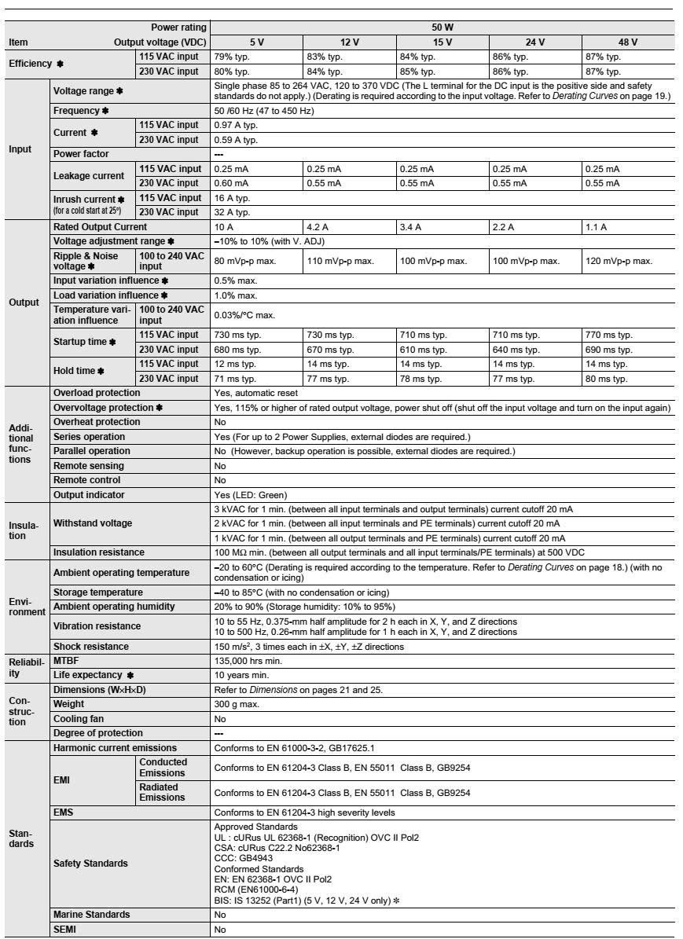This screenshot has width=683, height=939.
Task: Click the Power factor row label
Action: point(81,154)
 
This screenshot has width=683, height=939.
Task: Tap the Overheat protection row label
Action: point(97,422)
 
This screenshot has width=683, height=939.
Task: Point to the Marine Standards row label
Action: point(92,915)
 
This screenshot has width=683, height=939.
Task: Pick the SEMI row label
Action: point(65,930)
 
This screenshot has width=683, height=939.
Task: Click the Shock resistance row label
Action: point(90,647)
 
